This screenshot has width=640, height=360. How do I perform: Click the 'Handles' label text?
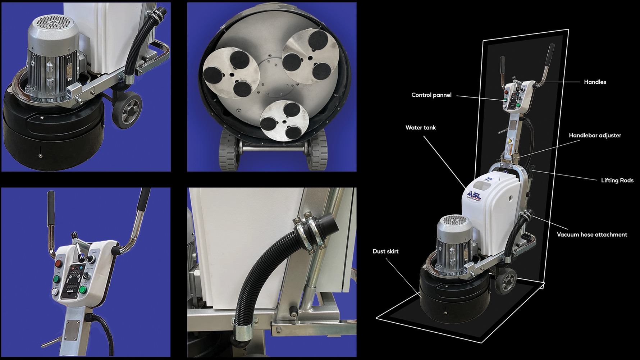tap(595, 82)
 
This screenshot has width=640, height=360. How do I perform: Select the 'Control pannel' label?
tap(431, 95)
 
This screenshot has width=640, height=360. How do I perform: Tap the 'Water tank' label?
tap(420, 128)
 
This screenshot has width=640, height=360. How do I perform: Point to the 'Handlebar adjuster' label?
tap(595, 136)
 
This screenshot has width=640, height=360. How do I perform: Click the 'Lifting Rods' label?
tap(617, 181)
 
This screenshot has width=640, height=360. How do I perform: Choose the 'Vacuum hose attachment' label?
tap(592, 234)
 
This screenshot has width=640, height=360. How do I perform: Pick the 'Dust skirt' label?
tap(385, 251)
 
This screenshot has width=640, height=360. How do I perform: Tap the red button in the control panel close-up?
tap(59, 264)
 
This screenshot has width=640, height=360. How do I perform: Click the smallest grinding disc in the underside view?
tap(284, 120)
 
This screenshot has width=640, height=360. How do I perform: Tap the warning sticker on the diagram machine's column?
tap(509, 147)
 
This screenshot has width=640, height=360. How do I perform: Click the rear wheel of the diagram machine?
tap(506, 283)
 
